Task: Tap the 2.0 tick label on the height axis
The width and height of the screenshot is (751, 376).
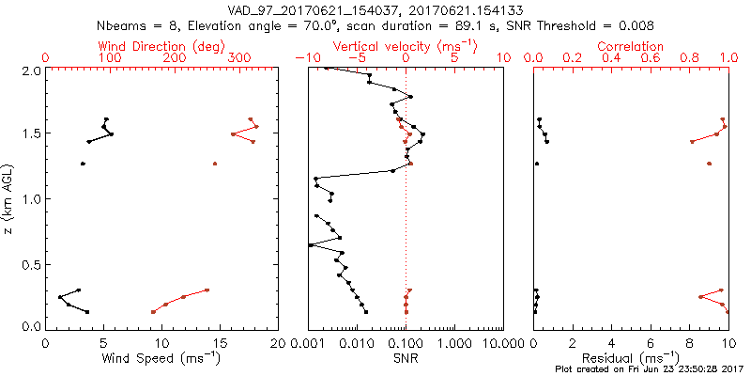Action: tap(32, 70)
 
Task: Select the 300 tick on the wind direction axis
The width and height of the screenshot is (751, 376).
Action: tap(240, 58)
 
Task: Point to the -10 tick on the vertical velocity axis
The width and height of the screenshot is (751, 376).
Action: tap(303, 58)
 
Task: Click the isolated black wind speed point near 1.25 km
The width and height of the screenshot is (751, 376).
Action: tap(83, 164)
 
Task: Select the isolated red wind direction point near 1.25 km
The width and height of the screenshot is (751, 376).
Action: tap(215, 164)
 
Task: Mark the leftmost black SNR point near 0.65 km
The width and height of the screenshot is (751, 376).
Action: tap(311, 245)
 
